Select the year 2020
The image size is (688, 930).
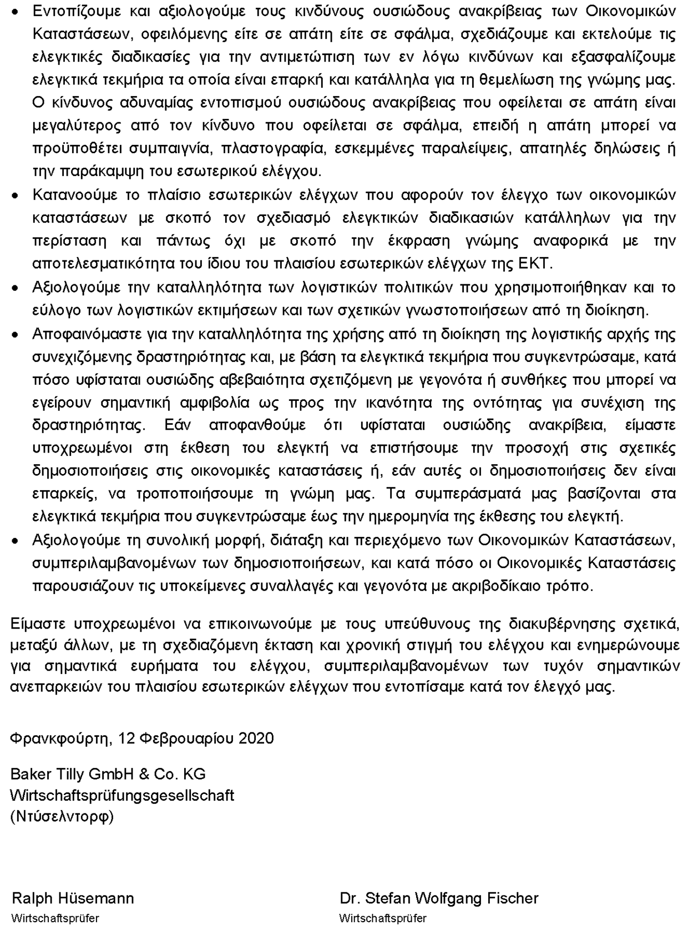click(x=256, y=738)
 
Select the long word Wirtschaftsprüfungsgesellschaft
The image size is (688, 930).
click(x=122, y=795)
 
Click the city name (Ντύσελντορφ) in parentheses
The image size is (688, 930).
click(x=62, y=817)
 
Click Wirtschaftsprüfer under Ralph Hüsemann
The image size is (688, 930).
click(x=55, y=918)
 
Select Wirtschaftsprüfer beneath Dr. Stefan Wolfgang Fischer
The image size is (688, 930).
click(x=383, y=918)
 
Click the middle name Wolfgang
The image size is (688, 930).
click(x=442, y=898)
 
